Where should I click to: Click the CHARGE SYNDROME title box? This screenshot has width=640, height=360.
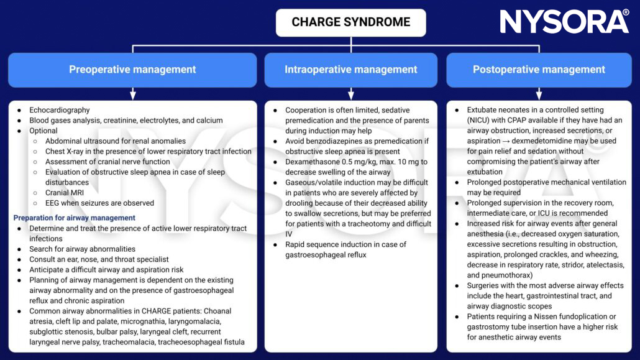351,22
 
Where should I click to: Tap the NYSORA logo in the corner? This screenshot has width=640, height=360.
564,22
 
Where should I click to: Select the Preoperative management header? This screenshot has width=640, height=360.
132,70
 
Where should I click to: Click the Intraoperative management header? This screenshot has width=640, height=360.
351,70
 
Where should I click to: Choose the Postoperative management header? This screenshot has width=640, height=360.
539,70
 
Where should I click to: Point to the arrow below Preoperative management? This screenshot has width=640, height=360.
132,93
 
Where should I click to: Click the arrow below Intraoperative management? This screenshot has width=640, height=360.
351,93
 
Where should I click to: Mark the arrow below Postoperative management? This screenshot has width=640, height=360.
539,93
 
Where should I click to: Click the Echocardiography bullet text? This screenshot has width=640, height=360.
60,110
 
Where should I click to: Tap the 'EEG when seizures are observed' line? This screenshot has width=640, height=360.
99,203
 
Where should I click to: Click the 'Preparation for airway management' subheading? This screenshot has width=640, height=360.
74,218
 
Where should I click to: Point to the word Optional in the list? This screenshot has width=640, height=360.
43,131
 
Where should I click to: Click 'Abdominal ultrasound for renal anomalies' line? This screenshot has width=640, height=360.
116,141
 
